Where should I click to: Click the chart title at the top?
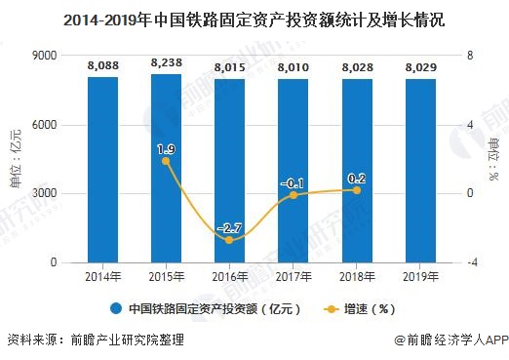tap(254, 17)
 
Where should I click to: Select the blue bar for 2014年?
tap(102, 170)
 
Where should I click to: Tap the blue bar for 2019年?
tap(420, 171)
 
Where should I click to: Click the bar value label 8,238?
tap(167, 61)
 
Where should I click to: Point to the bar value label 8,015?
tap(230, 66)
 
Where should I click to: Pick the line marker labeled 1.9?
tap(167, 161)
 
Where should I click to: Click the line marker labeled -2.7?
tap(230, 240)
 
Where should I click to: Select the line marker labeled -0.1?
tap(294, 195)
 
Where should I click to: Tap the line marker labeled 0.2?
tap(357, 190)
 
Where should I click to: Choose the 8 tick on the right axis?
tap(470, 57)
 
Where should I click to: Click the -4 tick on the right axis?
tap(472, 263)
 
